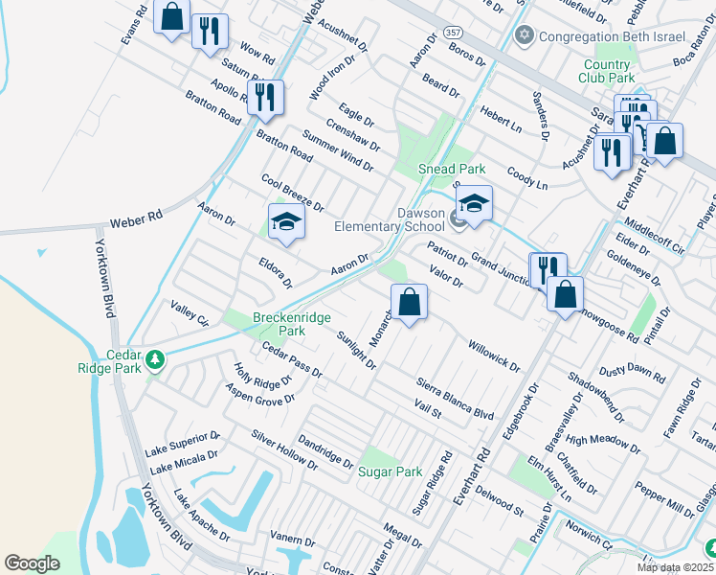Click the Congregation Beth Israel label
coord(613,36)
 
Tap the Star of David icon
coord(523,36)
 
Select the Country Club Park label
coord(608,71)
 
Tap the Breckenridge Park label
coord(279,323)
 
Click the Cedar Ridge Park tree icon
coord(153,361)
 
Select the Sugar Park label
coord(391,471)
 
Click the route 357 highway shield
coord(454,33)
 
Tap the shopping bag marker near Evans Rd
coord(171,17)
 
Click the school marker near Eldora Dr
coord(285,221)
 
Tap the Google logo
coord(32,563)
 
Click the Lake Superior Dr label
coord(183,443)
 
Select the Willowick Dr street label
coord(493,354)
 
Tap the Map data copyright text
coord(674,566)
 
